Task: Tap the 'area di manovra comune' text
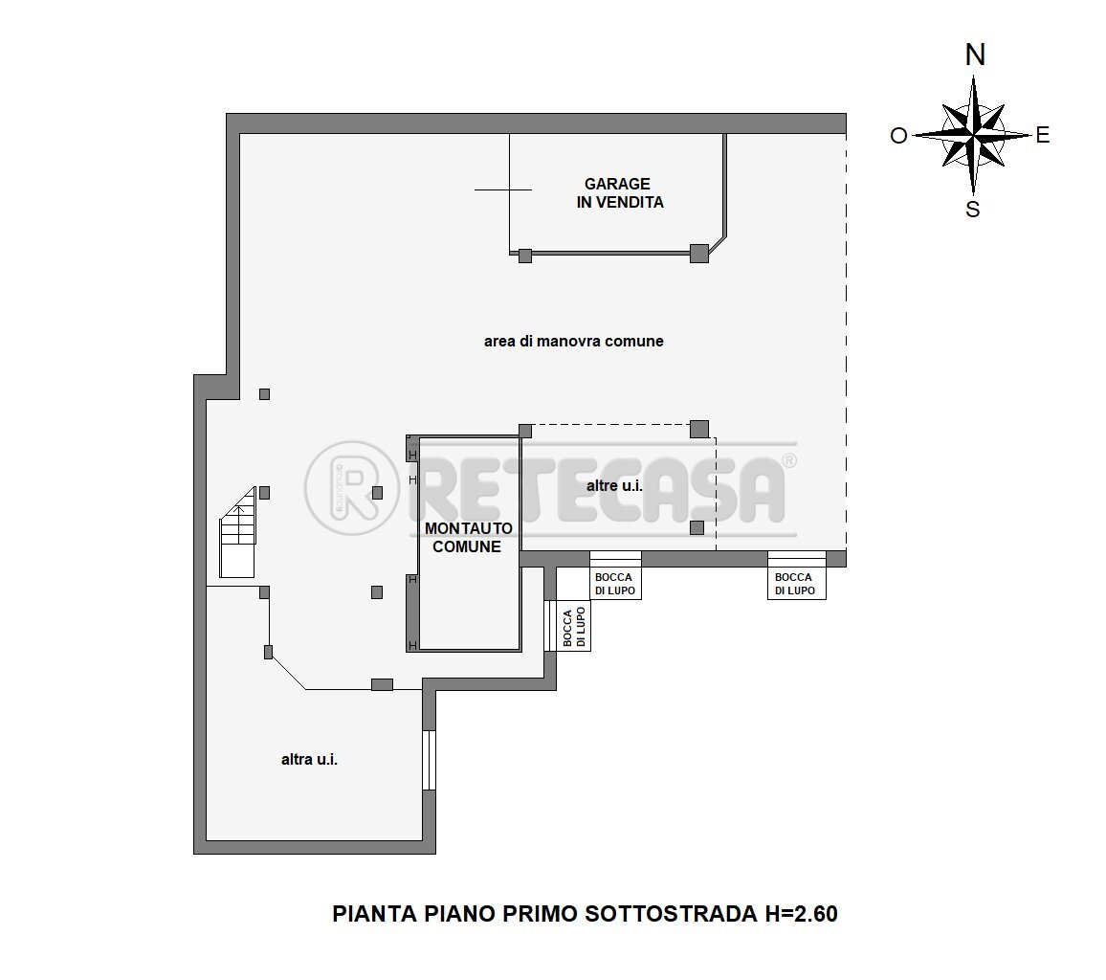pyautogui.click(x=573, y=342)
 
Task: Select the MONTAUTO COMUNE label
pyautogui.click(x=468, y=538)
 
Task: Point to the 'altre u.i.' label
pyautogui.click(x=613, y=486)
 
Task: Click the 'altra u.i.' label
pyautogui.click(x=310, y=760)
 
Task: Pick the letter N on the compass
pyautogui.click(x=975, y=56)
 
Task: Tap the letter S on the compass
pyautogui.click(x=973, y=210)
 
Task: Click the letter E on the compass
pyautogui.click(x=1043, y=136)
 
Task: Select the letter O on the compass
pyautogui.click(x=898, y=136)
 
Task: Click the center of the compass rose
pyautogui.click(x=973, y=135)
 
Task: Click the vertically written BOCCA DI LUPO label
pyautogui.click(x=574, y=628)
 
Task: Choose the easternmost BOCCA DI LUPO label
pyautogui.click(x=794, y=584)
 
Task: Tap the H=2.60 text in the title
pyautogui.click(x=801, y=914)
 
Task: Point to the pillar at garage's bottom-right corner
pyautogui.click(x=699, y=254)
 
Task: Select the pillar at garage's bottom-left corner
pyautogui.click(x=524, y=256)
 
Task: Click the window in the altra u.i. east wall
pyautogui.click(x=430, y=760)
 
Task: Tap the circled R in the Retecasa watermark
pyautogui.click(x=350, y=489)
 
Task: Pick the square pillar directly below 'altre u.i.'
pyautogui.click(x=697, y=527)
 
